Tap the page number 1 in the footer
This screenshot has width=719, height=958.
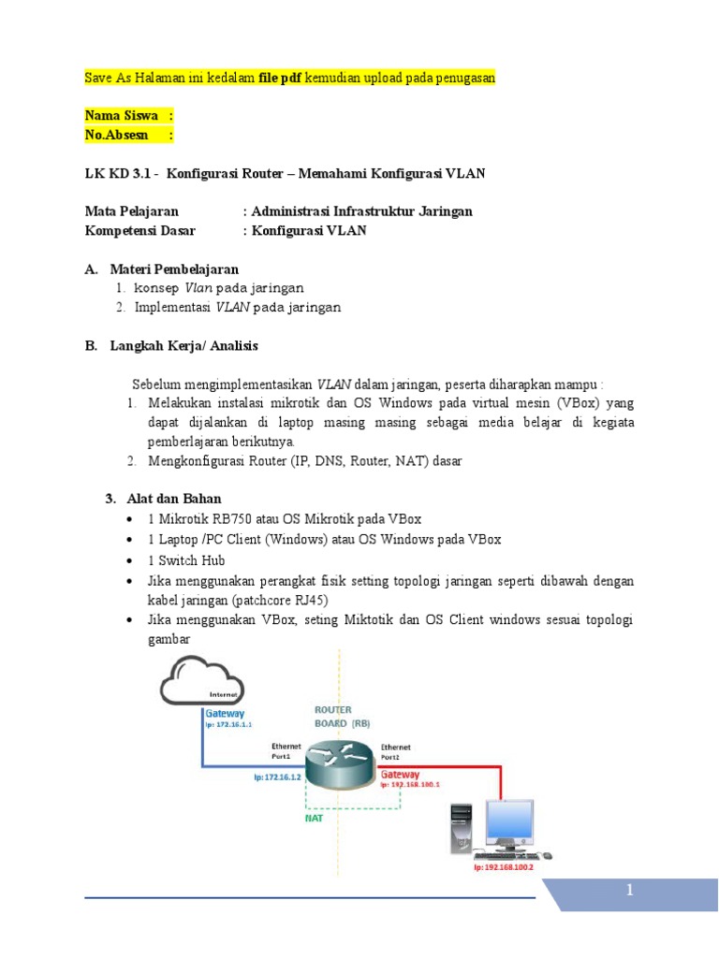click(631, 893)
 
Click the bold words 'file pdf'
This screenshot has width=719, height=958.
click(286, 79)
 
